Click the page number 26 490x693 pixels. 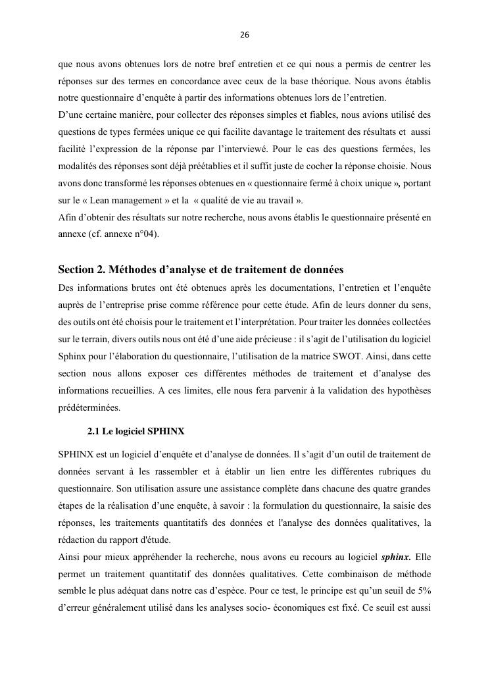(x=245, y=35)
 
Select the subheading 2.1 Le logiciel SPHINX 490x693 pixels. (x=135, y=431)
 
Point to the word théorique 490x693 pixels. (x=309, y=81)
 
